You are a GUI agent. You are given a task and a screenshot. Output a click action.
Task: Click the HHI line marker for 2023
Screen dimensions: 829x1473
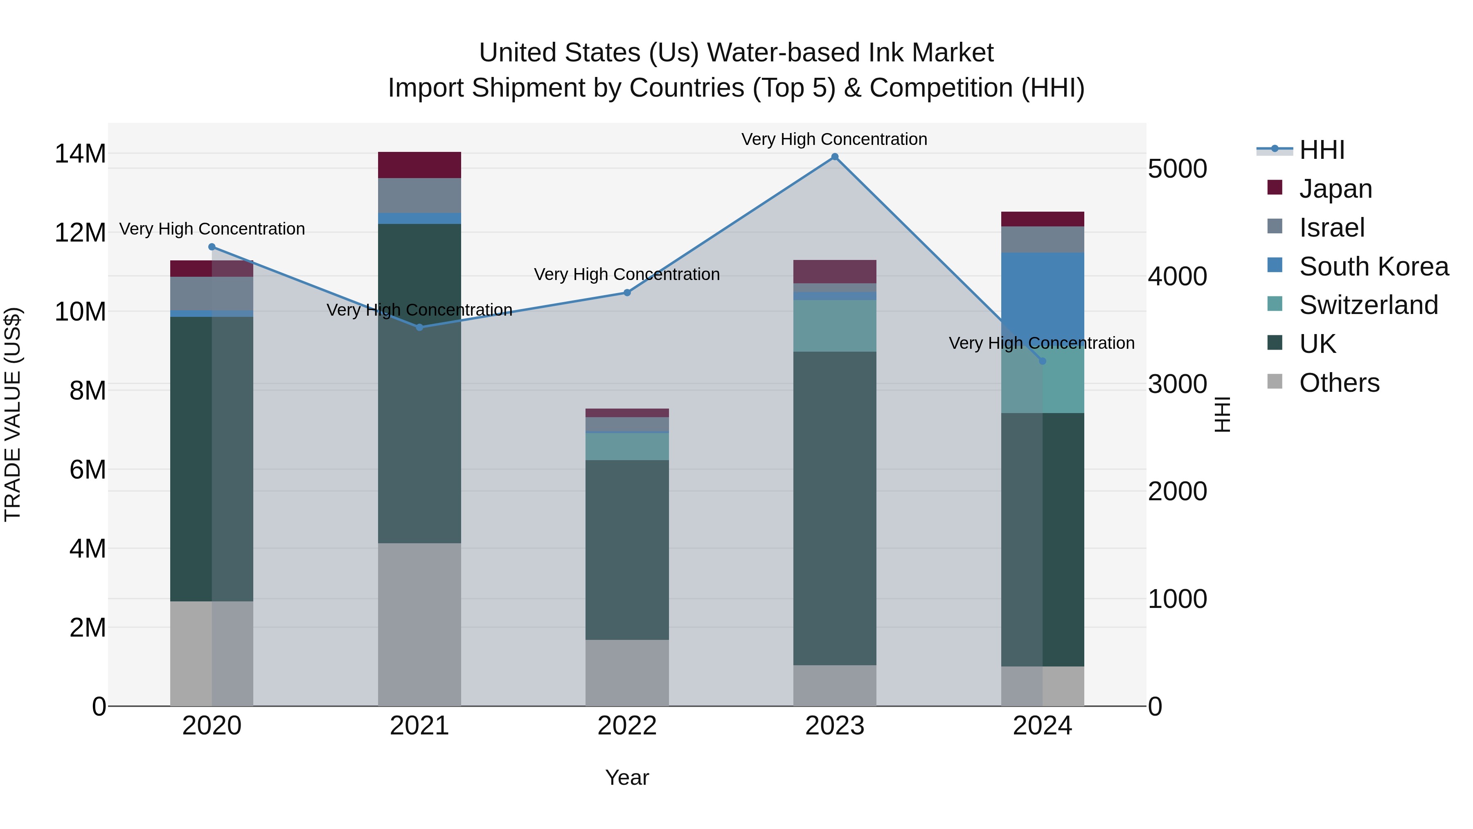pos(834,157)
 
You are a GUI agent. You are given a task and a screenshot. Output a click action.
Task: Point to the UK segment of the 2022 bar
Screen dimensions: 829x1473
pos(627,549)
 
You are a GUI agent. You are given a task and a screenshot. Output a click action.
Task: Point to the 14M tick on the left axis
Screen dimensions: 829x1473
pos(80,154)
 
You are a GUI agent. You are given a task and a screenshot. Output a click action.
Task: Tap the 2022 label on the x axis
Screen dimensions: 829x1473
pos(627,726)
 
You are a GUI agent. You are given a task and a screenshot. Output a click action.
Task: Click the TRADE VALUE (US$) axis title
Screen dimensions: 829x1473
pos(13,414)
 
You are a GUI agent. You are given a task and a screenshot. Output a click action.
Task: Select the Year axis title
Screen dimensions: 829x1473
pos(627,777)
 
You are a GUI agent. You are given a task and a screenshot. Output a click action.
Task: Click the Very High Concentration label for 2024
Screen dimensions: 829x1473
pos(1041,343)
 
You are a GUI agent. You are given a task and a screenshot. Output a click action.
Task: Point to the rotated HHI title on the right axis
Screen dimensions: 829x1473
pos(1222,414)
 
